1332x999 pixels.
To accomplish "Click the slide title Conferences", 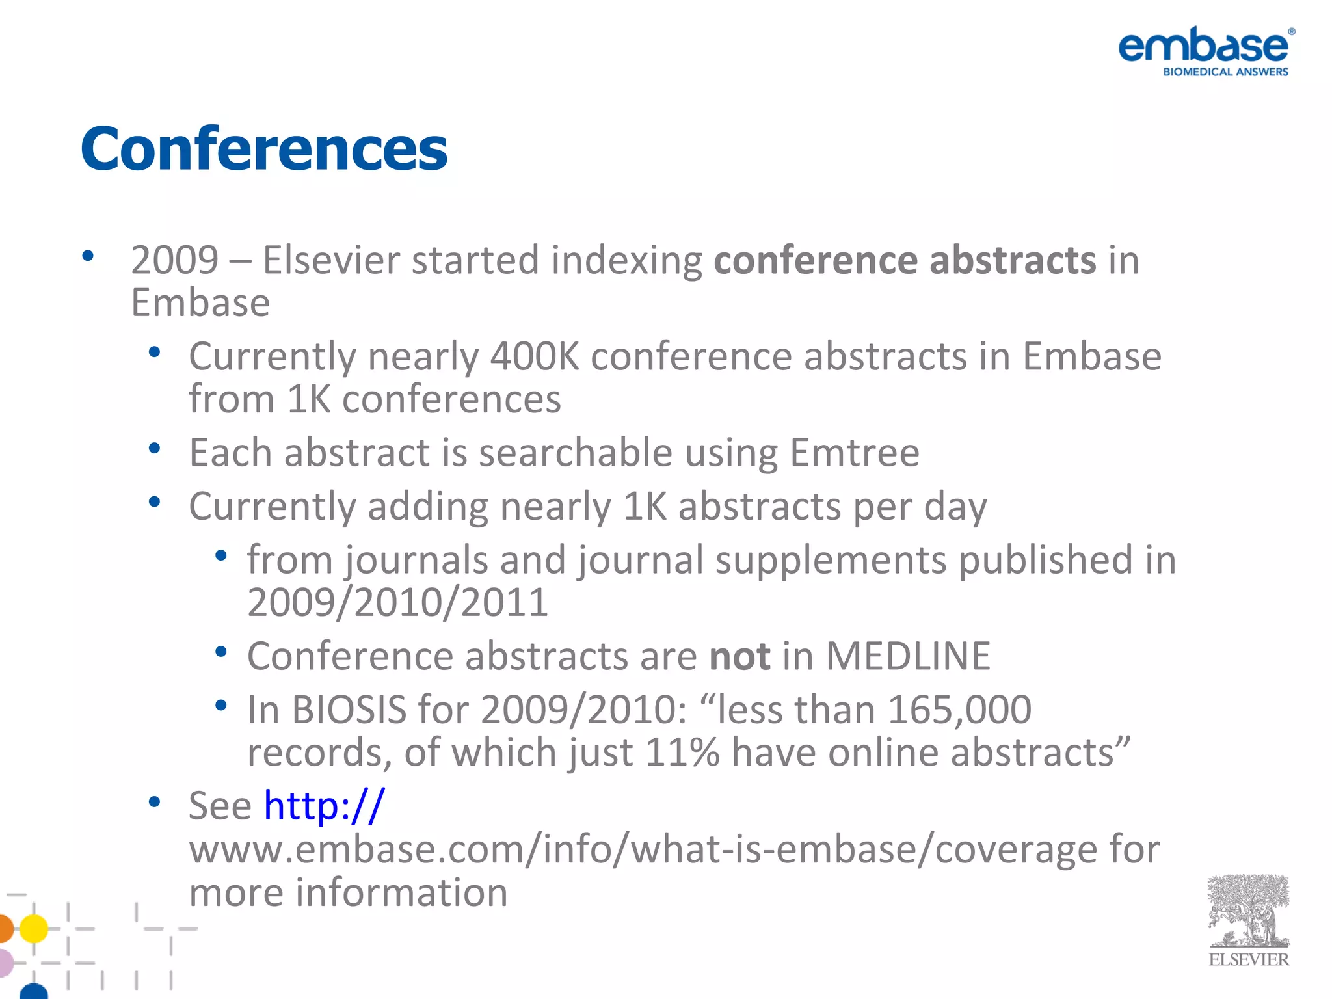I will point(264,150).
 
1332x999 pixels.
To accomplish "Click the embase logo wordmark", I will point(1203,46).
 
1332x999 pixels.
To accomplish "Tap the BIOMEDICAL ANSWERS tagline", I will point(1225,72).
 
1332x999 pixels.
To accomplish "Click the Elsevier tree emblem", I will point(1248,911).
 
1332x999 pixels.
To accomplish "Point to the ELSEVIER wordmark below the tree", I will point(1248,960).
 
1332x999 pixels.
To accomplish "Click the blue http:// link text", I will point(324,806).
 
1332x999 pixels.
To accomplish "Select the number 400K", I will point(534,356).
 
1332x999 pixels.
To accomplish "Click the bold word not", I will point(739,656).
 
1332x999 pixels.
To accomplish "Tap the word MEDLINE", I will point(908,656).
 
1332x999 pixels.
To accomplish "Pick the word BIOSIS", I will point(349,710).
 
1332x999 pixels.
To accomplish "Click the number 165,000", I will point(959,710).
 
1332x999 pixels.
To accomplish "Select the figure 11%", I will point(682,753).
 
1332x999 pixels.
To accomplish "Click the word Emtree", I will point(854,453).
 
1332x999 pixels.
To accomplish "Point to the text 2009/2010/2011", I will point(397,602).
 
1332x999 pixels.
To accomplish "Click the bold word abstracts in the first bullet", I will point(1013,261).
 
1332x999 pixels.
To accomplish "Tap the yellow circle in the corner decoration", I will point(34,929).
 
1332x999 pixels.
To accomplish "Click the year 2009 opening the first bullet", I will point(174,261).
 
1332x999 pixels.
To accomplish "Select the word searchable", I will point(575,453).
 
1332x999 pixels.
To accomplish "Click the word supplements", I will point(831,560).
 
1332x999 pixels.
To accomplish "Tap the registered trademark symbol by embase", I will point(1292,31).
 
